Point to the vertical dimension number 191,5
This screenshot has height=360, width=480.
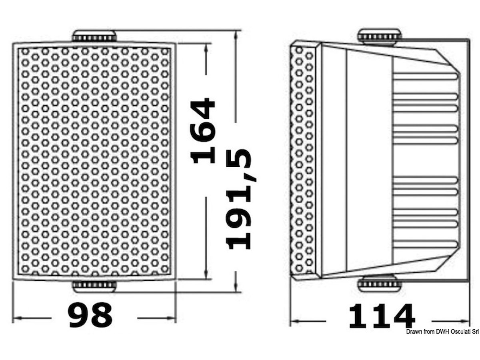tap(239, 199)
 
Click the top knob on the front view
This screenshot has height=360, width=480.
tap(94, 36)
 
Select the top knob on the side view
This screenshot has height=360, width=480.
tap(380, 37)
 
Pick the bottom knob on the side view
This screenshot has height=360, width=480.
tap(380, 284)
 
